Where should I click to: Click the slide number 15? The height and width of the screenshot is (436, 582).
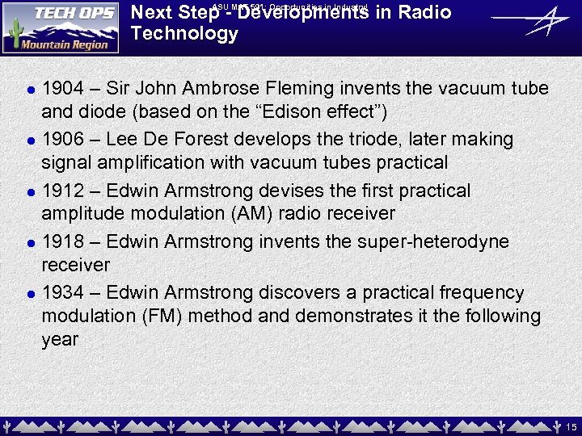coord(571,426)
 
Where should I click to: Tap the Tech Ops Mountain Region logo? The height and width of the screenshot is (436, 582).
coord(61,28)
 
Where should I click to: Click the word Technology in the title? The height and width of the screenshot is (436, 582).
coord(184,34)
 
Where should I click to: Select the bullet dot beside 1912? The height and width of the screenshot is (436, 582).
coord(28,193)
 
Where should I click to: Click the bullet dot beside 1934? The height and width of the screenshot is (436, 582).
coord(28,295)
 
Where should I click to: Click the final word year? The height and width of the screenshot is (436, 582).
coord(60,340)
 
